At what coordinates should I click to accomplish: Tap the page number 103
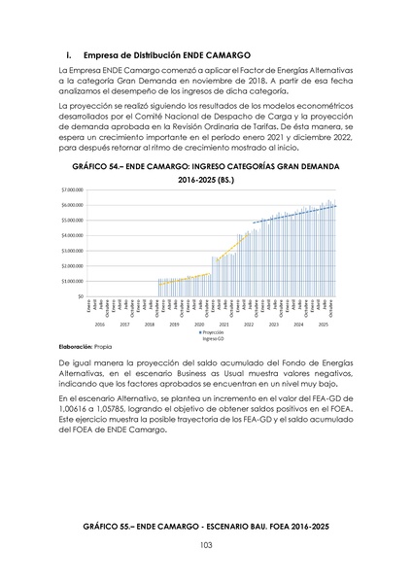point(206,548)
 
